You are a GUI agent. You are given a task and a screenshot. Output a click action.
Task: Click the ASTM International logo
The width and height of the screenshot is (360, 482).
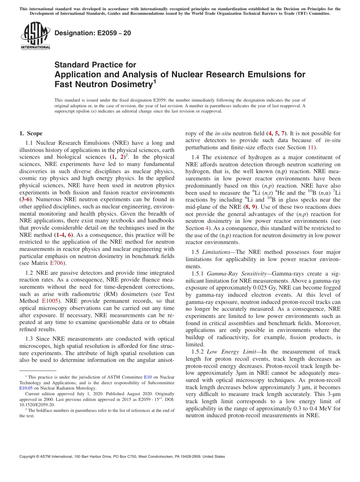pyautogui.click(x=35, y=36)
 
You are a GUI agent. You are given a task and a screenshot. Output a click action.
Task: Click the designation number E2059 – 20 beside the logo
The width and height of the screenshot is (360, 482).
pyautogui.click(x=93, y=33)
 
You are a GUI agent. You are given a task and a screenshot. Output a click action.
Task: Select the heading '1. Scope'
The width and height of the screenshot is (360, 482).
pyautogui.click(x=31, y=133)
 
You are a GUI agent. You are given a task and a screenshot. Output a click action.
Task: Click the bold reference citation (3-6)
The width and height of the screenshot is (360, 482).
pyautogui.click(x=26, y=199)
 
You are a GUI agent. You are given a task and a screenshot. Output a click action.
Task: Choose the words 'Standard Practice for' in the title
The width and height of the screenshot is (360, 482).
pyautogui.click(x=95, y=65)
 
